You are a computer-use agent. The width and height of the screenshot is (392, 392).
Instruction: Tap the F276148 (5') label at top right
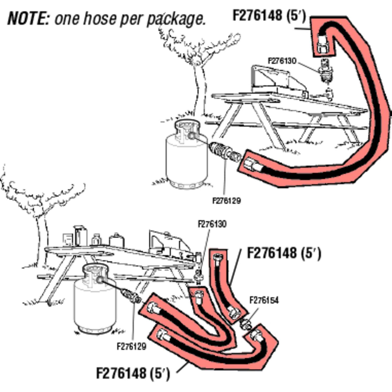(x=269, y=16)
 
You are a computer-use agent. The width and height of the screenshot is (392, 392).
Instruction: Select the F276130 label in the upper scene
(x=282, y=61)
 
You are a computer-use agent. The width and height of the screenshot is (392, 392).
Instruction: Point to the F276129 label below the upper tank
(x=226, y=201)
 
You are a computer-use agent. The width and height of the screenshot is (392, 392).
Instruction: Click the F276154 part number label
(x=264, y=300)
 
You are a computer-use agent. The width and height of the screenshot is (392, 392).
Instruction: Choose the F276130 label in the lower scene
(x=212, y=224)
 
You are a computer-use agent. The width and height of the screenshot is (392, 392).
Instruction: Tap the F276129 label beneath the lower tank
(x=131, y=347)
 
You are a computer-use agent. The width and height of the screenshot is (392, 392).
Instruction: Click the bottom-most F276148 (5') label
(x=133, y=373)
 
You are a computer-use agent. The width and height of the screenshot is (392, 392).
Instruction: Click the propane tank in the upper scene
(x=187, y=154)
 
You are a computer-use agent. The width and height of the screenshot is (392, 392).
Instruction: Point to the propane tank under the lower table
(x=95, y=301)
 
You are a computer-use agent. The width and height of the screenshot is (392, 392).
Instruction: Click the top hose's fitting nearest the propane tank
(x=250, y=165)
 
